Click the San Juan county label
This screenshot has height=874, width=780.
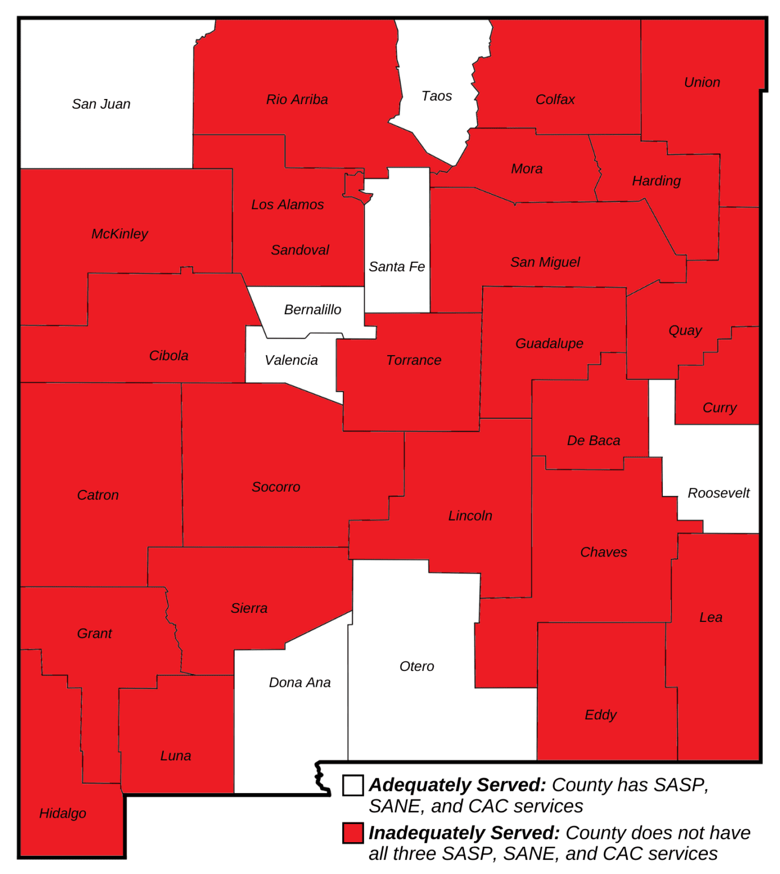(x=101, y=104)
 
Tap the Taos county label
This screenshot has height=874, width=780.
(x=437, y=96)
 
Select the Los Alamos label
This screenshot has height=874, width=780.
(x=288, y=205)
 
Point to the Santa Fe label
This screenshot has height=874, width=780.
(x=397, y=267)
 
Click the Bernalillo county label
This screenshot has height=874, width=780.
(x=313, y=310)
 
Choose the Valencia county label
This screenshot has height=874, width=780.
(x=291, y=360)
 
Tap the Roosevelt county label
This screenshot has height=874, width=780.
(x=719, y=493)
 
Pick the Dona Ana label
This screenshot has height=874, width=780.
(x=300, y=682)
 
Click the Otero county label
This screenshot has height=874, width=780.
(x=417, y=666)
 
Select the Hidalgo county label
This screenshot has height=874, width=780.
(x=63, y=813)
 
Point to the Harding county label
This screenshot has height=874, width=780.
(x=657, y=181)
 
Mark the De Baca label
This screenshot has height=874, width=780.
(x=594, y=440)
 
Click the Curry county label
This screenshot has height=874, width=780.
(x=720, y=407)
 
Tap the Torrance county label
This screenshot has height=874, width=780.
(x=414, y=360)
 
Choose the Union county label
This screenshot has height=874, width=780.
(x=702, y=83)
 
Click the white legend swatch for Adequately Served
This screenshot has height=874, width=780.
(x=353, y=785)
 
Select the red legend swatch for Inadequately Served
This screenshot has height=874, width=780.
(x=353, y=833)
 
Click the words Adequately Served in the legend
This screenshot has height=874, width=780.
(x=457, y=785)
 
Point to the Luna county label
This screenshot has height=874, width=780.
(x=176, y=756)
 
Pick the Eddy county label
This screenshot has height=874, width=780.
(x=601, y=715)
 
